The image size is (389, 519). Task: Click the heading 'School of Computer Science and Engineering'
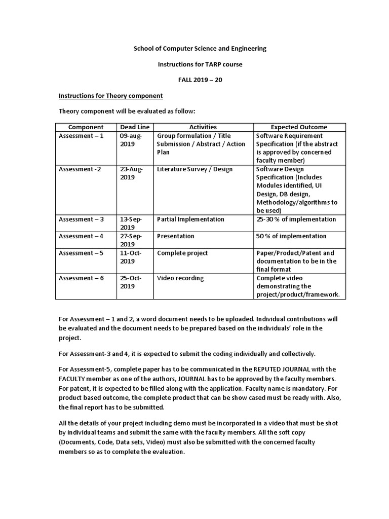coord(200,49)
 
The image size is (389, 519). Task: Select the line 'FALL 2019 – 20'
coord(200,80)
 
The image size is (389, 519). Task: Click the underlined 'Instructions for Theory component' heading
coord(110,95)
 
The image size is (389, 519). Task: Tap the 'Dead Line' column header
coord(134,127)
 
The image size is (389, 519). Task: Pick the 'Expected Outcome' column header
coord(299,127)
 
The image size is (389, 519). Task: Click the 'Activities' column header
coord(203,127)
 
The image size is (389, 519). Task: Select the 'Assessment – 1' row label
coord(81,136)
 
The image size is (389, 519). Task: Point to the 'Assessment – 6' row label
coord(81,278)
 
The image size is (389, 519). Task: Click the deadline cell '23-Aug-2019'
coord(131,173)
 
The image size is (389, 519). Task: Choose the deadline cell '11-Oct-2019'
coord(131,257)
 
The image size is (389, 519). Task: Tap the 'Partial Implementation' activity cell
coord(190,219)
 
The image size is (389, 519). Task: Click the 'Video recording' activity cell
coord(180,278)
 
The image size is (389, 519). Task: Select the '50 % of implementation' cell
coord(291,236)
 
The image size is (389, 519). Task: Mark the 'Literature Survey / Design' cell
coord(194,169)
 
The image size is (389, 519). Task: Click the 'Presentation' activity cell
coord(175,236)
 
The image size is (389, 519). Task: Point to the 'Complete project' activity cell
coord(182,253)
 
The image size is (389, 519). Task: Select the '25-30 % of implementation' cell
coord(296,219)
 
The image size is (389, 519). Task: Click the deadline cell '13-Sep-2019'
coord(131,224)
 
